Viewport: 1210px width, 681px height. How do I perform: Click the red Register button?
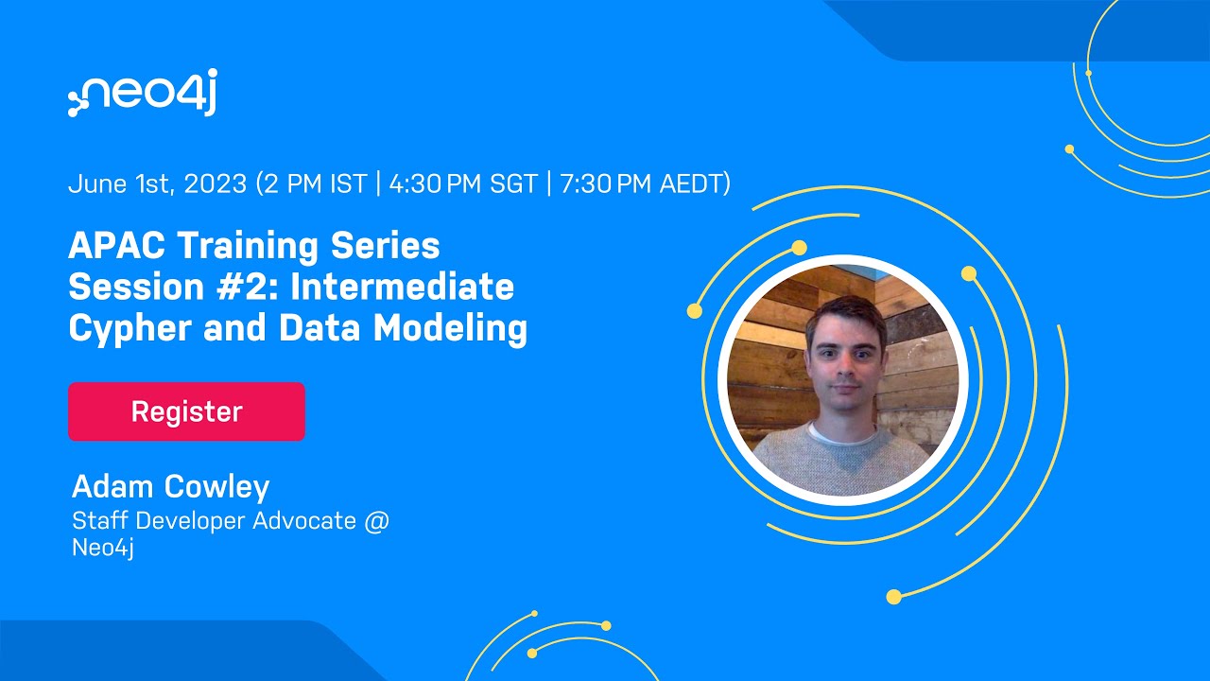(x=186, y=411)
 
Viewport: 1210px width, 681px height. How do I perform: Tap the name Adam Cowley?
(x=170, y=486)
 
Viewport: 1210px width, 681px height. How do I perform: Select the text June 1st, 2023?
(x=157, y=183)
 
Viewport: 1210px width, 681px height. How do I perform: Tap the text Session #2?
(x=166, y=287)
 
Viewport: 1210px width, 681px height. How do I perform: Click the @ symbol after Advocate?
(x=376, y=520)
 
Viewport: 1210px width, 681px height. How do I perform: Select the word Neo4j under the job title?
(x=102, y=548)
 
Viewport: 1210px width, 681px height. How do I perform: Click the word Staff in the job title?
(x=100, y=520)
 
